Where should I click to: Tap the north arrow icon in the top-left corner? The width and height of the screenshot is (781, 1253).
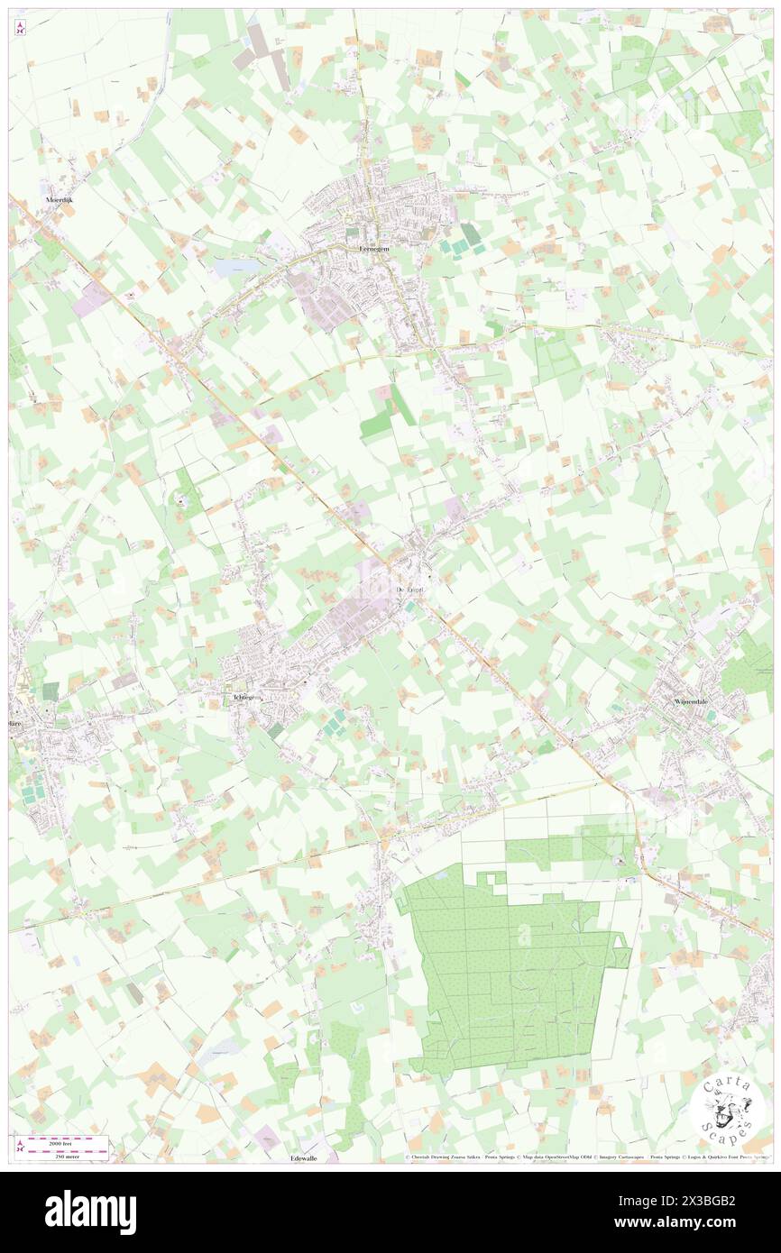point(21,28)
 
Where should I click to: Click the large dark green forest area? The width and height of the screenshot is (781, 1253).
point(505,965)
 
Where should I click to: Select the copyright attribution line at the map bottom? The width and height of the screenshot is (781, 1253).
point(586,1157)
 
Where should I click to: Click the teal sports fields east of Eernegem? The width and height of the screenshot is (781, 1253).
point(464,239)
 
